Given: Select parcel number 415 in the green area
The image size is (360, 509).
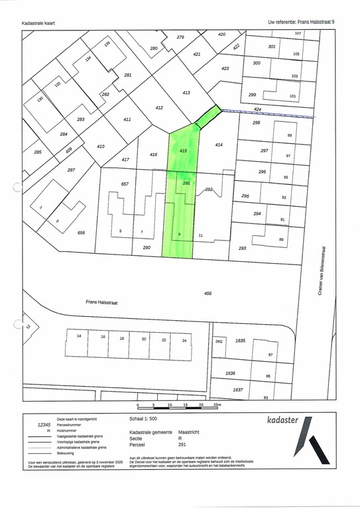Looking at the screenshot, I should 184,151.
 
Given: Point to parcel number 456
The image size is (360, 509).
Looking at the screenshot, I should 208,293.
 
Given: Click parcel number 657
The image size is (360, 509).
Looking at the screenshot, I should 124,184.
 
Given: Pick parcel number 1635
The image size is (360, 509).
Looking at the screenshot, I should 240,341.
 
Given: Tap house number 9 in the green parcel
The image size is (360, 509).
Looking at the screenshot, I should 180,235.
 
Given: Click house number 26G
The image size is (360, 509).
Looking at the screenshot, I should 219,341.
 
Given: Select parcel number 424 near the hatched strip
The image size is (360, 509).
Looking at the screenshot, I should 257,109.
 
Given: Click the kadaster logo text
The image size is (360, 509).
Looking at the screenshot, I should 283,420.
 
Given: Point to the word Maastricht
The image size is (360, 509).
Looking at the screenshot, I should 189,431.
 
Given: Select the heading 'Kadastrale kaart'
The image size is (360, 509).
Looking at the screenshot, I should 38,23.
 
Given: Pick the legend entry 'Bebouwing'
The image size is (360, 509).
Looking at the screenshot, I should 70,453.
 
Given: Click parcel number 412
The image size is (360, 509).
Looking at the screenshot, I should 159,107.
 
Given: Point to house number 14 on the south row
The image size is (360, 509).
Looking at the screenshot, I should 79,337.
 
